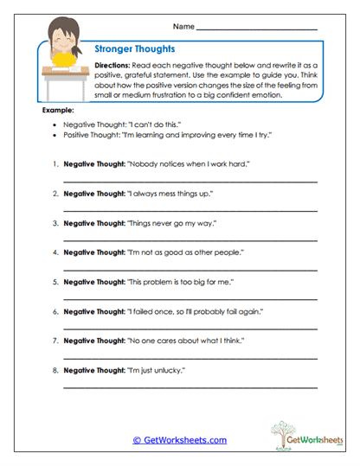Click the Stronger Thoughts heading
coord(134,51)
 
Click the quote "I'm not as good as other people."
coord(186,252)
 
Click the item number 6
coord(55,310)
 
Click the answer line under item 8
coord(190,388)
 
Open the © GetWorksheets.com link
coord(179,440)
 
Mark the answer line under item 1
coord(190,181)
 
